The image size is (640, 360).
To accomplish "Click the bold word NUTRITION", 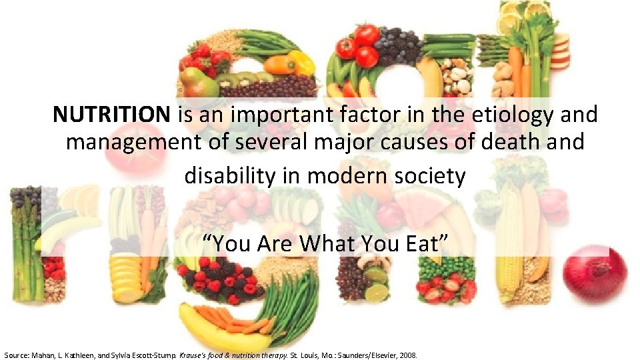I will (x=111, y=115).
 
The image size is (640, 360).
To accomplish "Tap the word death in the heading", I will (x=487, y=142).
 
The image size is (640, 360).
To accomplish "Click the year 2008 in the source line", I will (x=407, y=355).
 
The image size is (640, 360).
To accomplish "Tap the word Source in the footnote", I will (x=17, y=355).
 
